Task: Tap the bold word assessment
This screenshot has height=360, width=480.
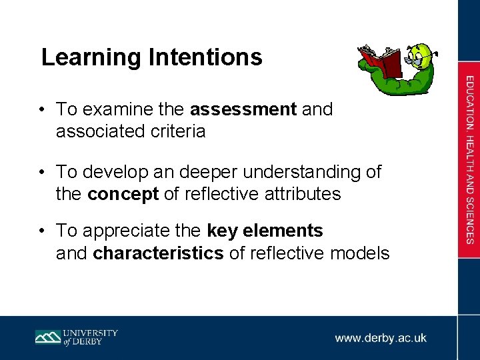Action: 243,109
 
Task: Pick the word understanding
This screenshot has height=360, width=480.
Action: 295,172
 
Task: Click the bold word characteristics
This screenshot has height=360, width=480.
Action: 159,253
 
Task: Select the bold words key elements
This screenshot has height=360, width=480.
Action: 265,231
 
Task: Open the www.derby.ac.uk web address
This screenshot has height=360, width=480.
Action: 381,338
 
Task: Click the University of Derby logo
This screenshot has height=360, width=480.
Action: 77,337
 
